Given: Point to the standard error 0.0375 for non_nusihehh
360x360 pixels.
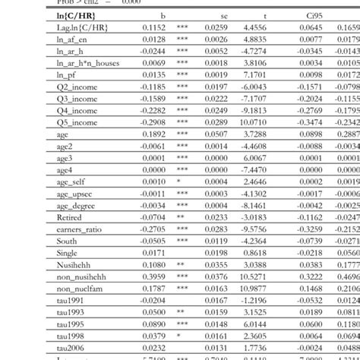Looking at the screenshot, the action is click(216, 276).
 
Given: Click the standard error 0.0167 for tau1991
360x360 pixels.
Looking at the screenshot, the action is click(216, 300).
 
